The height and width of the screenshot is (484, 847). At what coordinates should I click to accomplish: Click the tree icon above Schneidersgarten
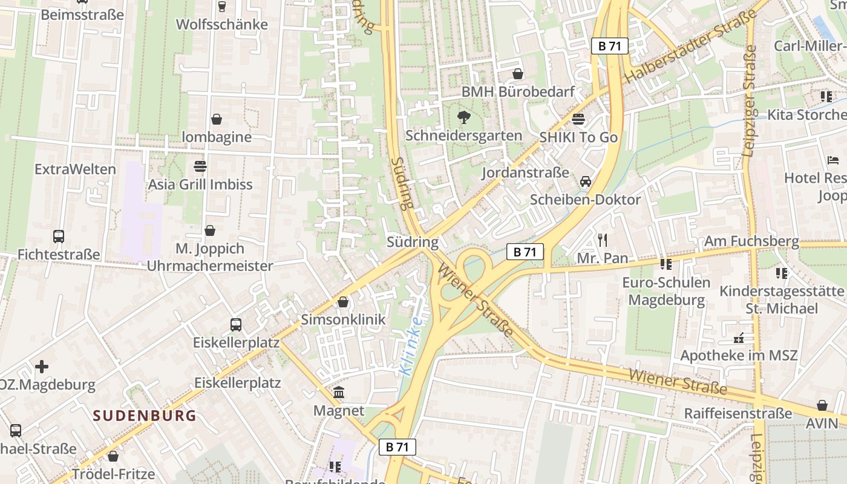tap(464, 117)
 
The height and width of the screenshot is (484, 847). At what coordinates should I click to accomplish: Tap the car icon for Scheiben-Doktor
tap(586, 181)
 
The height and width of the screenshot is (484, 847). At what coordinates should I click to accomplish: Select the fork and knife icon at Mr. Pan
tap(602, 240)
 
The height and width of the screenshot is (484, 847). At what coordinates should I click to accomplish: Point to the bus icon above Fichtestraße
tap(59, 237)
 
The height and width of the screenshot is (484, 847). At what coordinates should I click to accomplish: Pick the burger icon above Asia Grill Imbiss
tap(200, 166)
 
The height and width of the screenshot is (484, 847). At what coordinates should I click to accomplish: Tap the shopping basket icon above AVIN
tap(822, 405)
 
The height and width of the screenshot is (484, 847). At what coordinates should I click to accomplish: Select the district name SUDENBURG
tap(145, 416)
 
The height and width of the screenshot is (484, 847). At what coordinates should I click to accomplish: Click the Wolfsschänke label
tap(222, 25)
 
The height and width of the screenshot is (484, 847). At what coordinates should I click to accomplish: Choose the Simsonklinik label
tap(343, 319)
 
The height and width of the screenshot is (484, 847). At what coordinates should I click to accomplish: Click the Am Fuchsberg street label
tap(751, 241)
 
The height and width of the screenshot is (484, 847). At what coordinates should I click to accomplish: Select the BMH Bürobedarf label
tap(518, 92)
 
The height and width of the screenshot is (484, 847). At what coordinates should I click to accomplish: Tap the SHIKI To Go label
tap(578, 137)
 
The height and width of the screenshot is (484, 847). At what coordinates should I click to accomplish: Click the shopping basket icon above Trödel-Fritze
tap(113, 456)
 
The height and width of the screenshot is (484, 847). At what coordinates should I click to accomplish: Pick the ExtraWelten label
tap(75, 169)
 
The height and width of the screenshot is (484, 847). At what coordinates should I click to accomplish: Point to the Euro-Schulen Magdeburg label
tap(666, 291)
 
